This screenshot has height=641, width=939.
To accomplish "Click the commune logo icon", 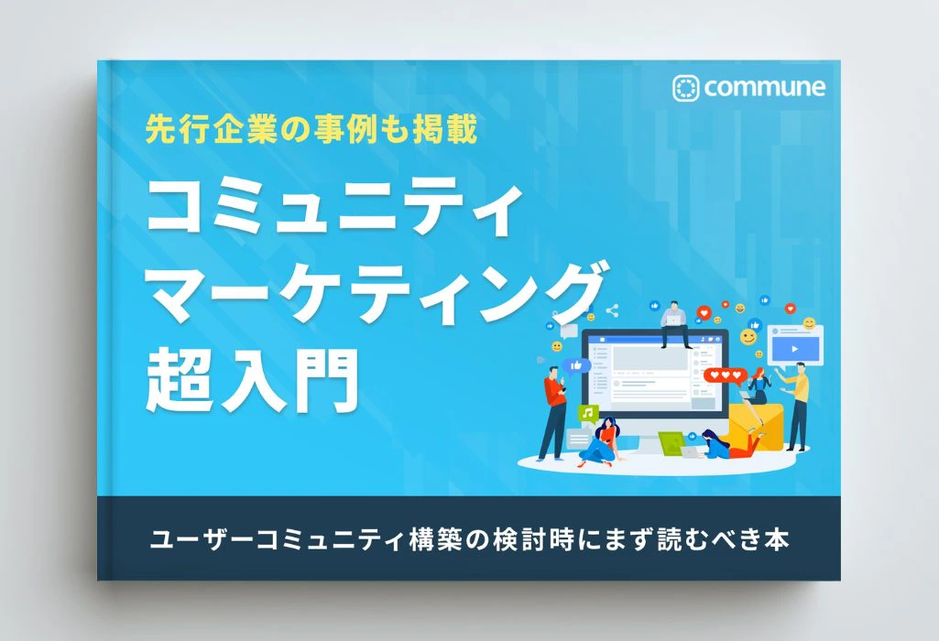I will point(685,88).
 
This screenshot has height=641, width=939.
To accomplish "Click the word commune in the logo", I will point(764,88).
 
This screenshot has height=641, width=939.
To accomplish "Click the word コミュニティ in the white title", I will point(333,208).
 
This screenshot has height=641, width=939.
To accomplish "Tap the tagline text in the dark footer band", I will point(469,539).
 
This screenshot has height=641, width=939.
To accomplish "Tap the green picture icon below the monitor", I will point(671,442).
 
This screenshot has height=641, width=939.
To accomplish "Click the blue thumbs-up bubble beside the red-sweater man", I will point(578,365).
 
